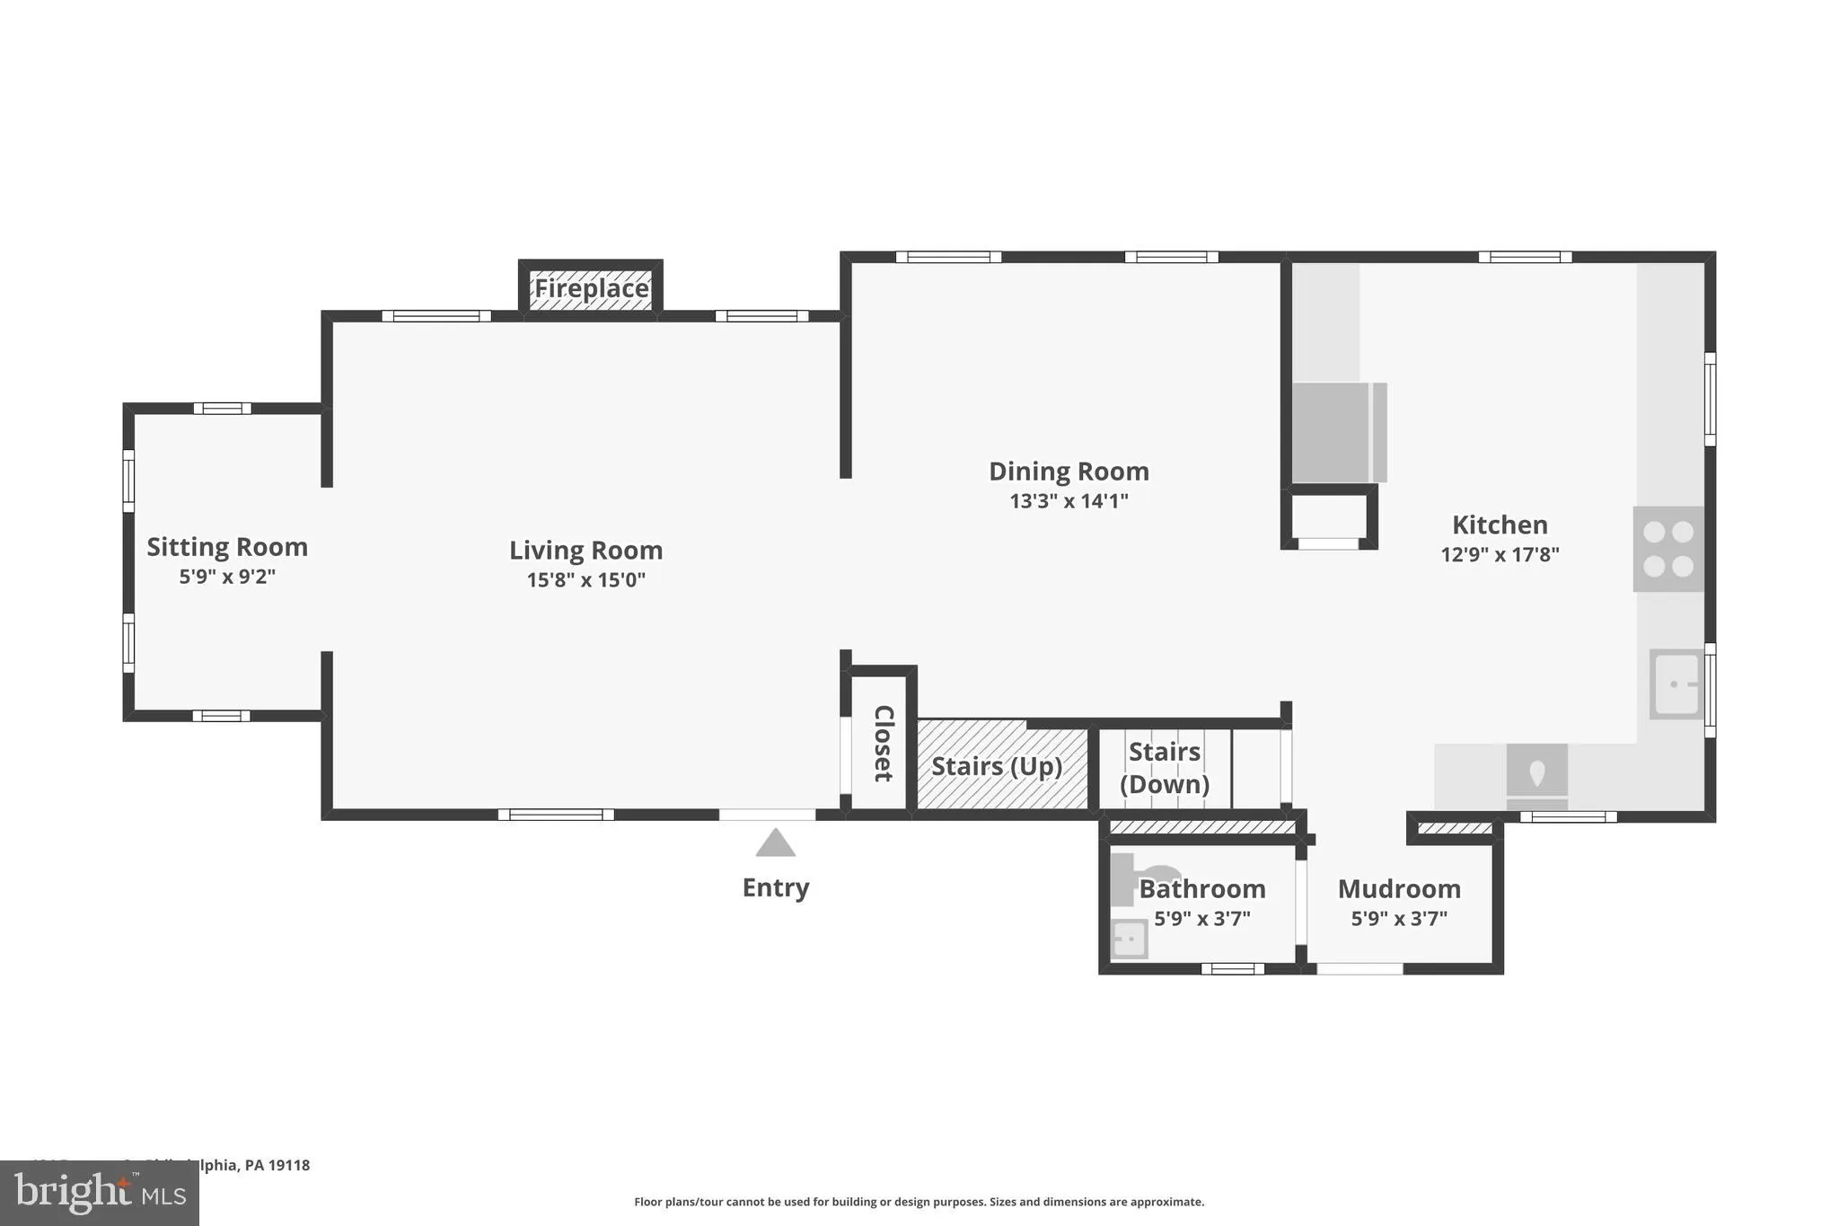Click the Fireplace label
point(591,288)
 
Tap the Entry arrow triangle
point(775,844)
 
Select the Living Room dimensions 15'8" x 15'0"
point(585,580)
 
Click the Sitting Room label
point(227,547)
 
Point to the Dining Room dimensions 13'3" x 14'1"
point(1069,501)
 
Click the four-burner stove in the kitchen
point(1667,549)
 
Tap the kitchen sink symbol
point(1676,684)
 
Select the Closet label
point(883,743)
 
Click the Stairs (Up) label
point(997,766)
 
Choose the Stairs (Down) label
point(1164,768)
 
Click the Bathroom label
point(1202,889)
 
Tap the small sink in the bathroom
point(1129,939)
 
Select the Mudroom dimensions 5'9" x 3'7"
point(1399,919)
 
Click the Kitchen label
point(1500,525)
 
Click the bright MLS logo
point(100,1194)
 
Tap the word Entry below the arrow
point(775,887)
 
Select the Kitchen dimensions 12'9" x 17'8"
point(1500,555)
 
